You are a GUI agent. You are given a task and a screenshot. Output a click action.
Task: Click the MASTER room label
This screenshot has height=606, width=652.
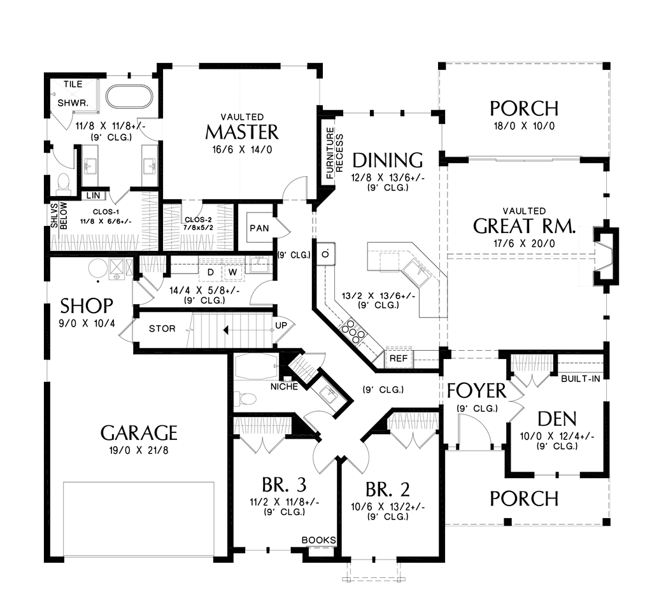point(242,132)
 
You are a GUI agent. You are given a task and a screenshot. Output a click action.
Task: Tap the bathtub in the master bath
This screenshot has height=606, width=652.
point(129,97)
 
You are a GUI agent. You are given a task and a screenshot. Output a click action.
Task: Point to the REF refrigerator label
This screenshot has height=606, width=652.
point(398,358)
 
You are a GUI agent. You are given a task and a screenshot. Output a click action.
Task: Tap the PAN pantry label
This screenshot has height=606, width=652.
point(259,228)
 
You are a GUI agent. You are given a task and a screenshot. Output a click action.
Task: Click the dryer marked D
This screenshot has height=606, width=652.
point(209,271)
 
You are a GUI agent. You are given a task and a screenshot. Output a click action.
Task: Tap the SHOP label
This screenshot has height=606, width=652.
point(88,306)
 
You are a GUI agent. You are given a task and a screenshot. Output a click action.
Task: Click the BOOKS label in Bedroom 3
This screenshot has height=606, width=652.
point(318,540)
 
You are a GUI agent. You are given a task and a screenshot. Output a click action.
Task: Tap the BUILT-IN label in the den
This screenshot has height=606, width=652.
point(581,378)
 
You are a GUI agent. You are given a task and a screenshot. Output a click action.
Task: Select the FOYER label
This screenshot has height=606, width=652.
point(476,390)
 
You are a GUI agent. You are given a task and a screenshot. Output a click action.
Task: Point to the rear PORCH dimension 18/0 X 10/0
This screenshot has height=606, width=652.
point(524,125)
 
